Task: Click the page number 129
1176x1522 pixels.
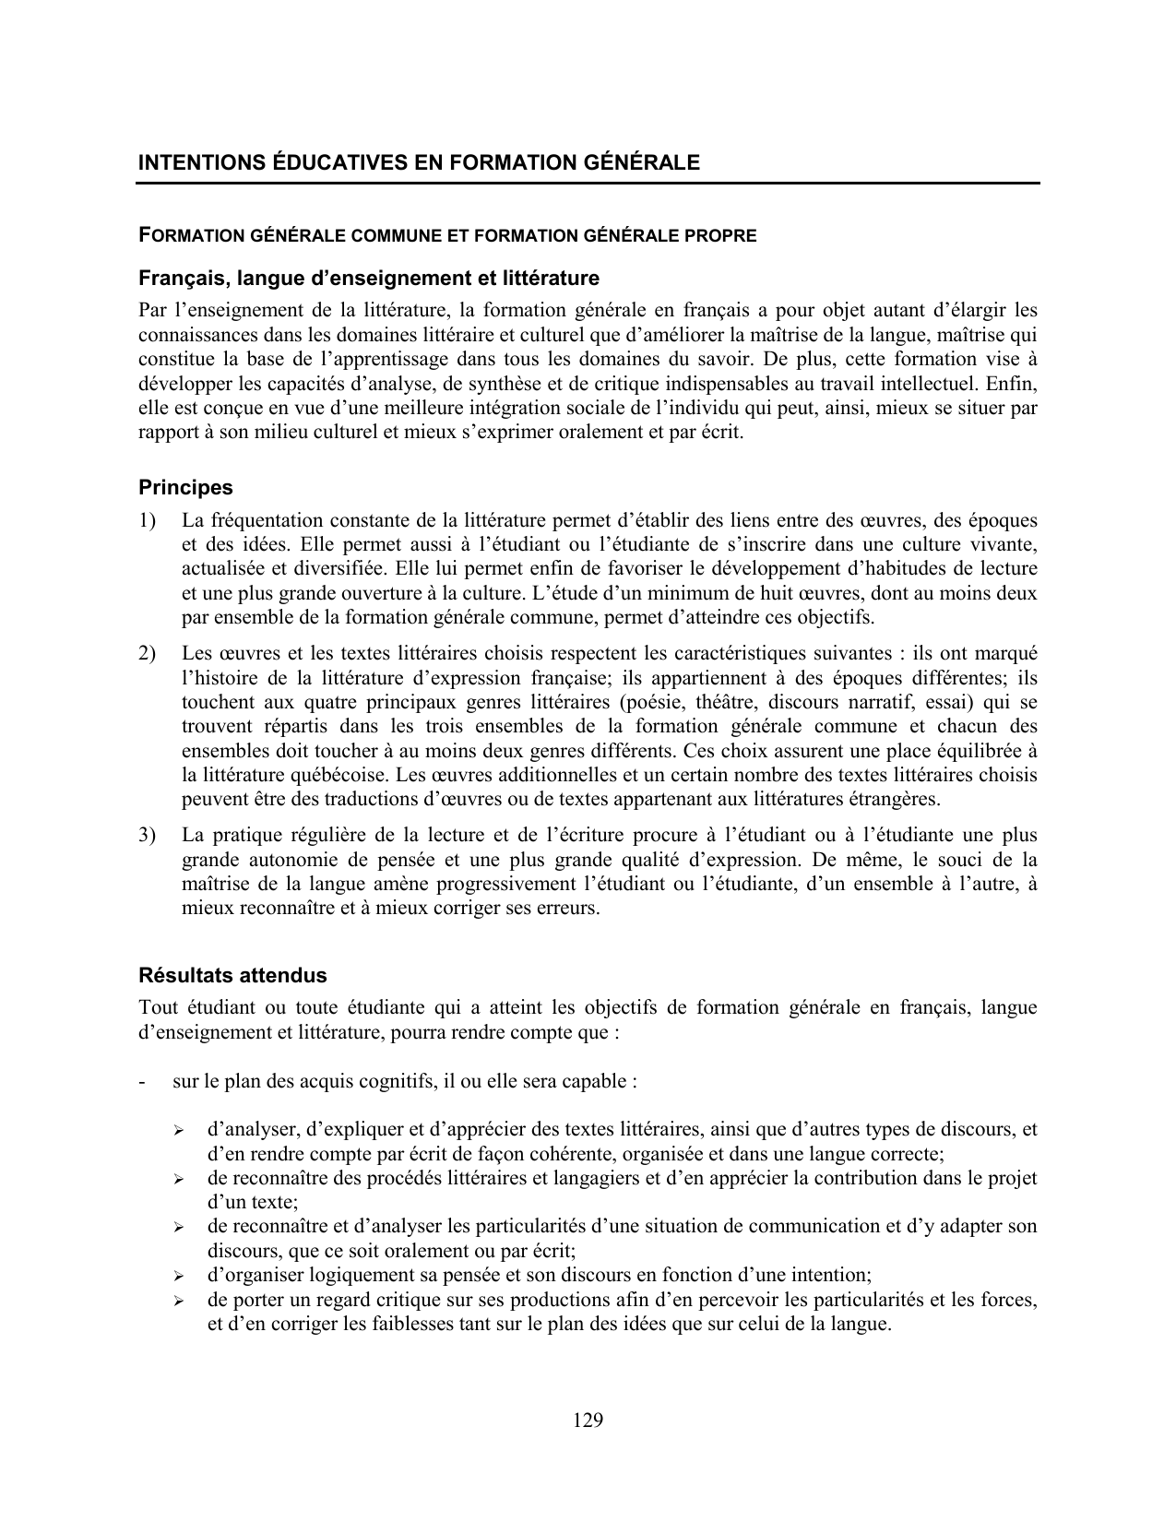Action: pos(588,1421)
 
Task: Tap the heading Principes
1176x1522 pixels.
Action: pos(185,487)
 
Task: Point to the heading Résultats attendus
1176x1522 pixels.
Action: pos(232,975)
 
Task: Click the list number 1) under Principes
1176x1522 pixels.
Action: pos(148,520)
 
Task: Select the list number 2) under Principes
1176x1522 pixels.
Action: pos(148,654)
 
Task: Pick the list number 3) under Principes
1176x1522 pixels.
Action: pos(148,836)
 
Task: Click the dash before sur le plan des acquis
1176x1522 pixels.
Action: pos(141,1080)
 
